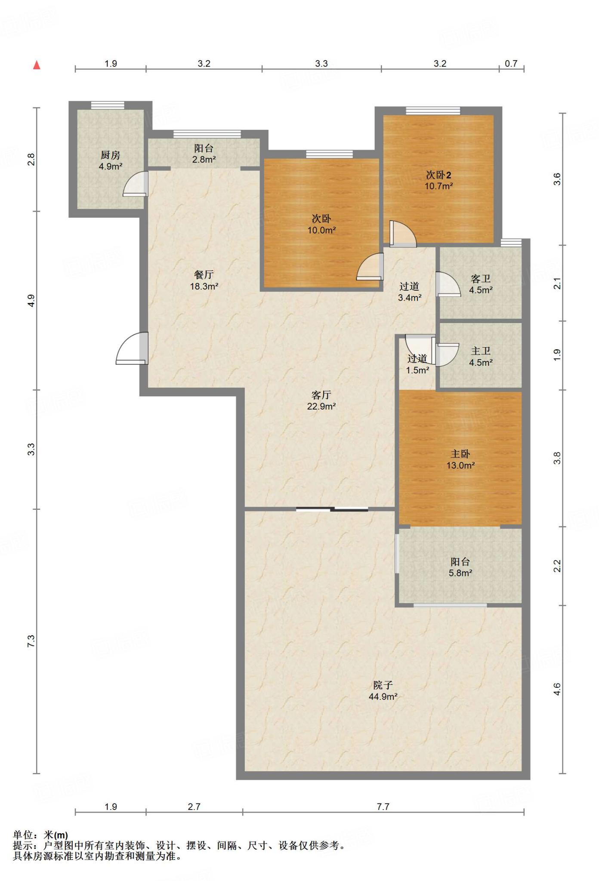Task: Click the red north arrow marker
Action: click(x=37, y=65)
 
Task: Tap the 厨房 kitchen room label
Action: click(x=111, y=160)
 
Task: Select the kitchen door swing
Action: click(x=136, y=184)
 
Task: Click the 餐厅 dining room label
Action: click(x=204, y=280)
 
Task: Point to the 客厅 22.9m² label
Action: click(x=321, y=400)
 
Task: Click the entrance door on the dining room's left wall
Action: click(x=132, y=348)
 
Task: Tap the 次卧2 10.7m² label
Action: click(x=438, y=180)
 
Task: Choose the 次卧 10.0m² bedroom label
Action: click(x=321, y=224)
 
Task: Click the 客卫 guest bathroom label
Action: click(x=481, y=284)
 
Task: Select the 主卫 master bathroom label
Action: click(x=481, y=357)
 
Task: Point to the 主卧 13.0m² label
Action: click(x=460, y=459)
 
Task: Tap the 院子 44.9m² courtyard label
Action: click(x=383, y=691)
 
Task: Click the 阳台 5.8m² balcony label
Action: click(x=460, y=567)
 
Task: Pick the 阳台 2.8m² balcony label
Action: click(x=204, y=154)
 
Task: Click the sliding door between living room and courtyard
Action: click(x=332, y=509)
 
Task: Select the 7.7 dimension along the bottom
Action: click(x=383, y=807)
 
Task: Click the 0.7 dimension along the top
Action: click(x=511, y=64)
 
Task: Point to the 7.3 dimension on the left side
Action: click(x=31, y=641)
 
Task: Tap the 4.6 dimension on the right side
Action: click(x=557, y=690)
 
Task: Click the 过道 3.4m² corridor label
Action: click(x=409, y=292)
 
